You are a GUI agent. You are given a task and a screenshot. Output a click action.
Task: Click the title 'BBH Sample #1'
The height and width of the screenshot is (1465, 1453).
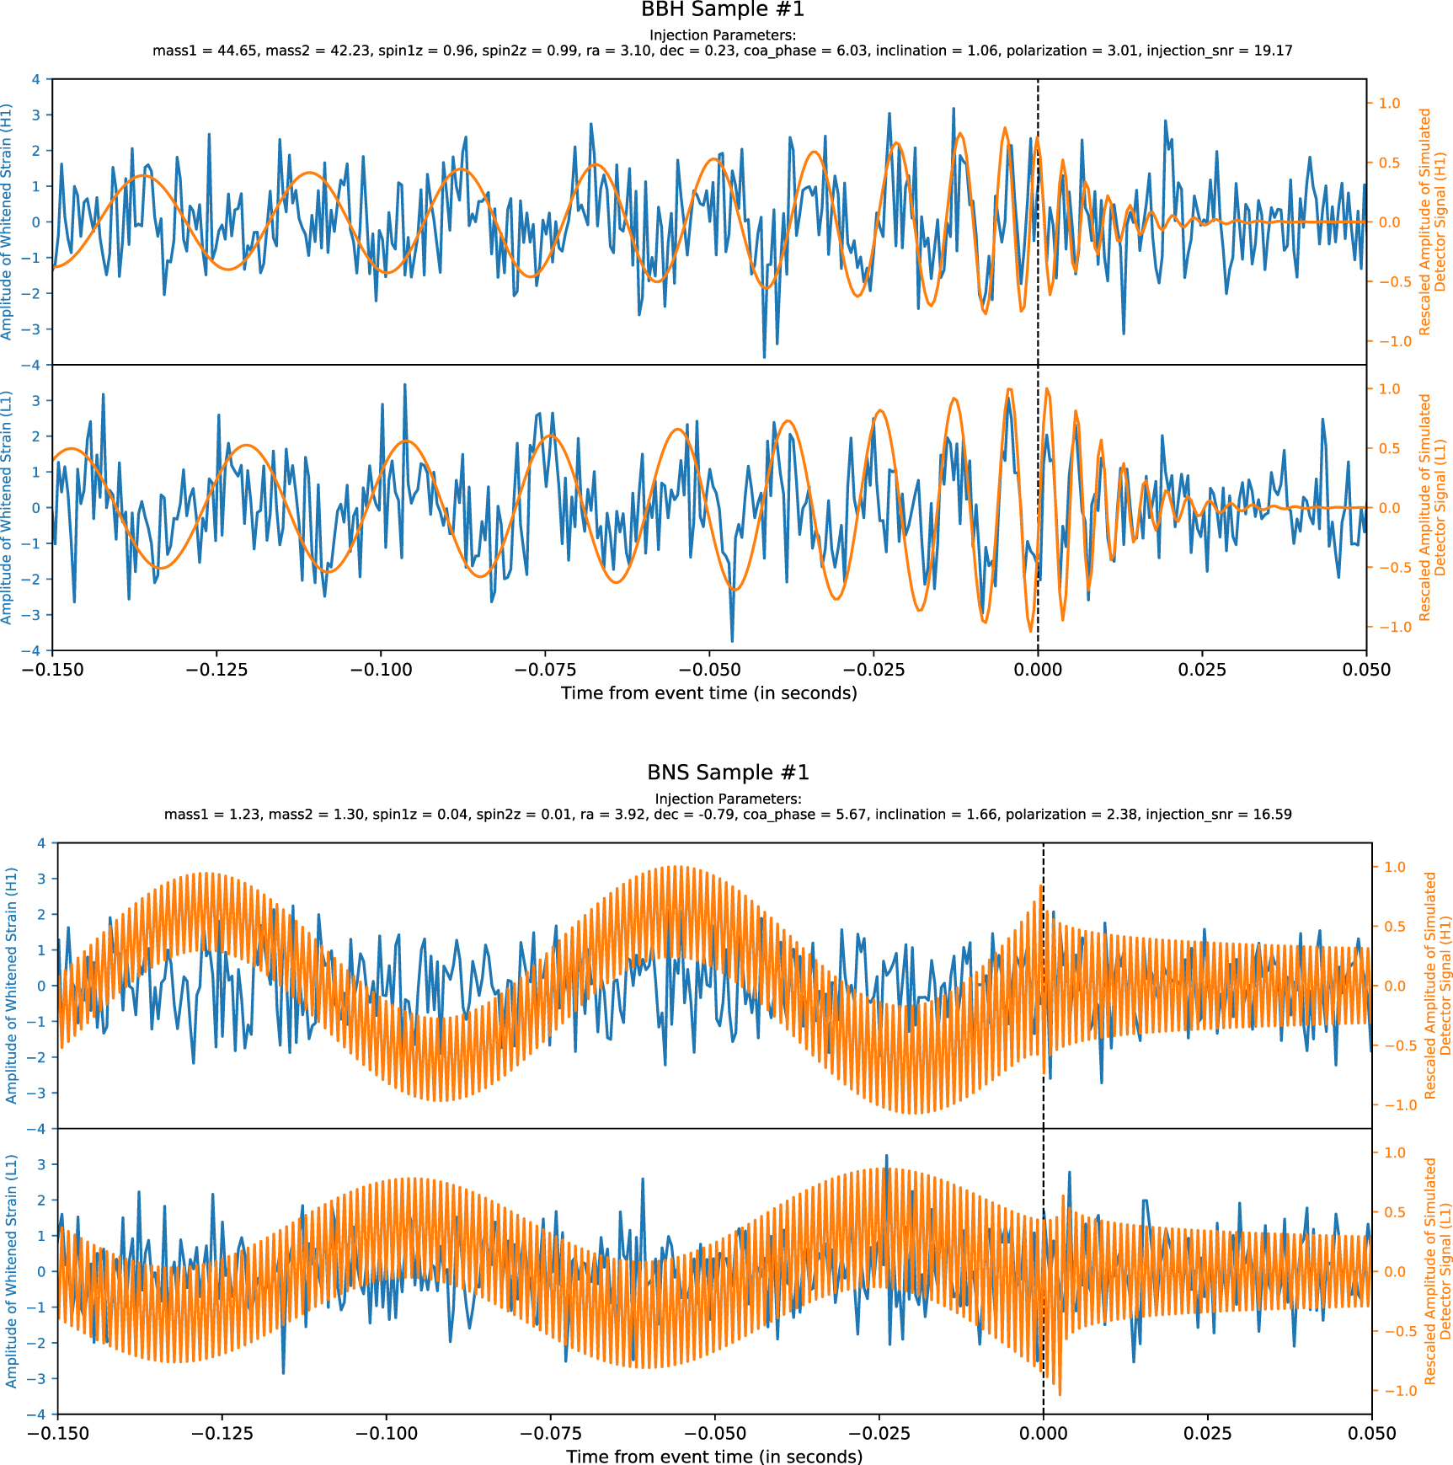coord(723,10)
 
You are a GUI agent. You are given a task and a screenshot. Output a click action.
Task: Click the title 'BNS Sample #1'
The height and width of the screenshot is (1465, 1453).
coord(728,773)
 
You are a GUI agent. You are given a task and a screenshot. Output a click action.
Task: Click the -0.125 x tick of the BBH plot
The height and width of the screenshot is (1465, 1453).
coord(216,670)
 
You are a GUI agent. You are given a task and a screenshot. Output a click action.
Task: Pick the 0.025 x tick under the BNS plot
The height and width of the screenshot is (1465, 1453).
coord(1207,1433)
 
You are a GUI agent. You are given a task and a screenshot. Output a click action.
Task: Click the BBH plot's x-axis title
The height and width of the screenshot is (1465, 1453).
coord(708,693)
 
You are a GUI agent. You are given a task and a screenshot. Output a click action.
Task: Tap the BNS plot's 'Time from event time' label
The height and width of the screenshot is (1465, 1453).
coord(714,1457)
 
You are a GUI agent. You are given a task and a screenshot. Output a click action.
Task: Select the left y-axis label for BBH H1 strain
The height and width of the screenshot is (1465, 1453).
coord(8,222)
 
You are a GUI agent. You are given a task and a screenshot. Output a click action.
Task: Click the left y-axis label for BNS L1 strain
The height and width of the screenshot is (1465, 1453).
coord(12,1270)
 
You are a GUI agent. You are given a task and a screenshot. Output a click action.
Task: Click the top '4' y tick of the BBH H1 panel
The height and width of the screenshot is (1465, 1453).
coord(35,79)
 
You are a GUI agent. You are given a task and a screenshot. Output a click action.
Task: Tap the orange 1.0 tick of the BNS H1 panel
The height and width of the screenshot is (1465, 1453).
coord(1395,867)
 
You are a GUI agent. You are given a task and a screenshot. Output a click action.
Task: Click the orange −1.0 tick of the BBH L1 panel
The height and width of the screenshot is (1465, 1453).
coord(1389,627)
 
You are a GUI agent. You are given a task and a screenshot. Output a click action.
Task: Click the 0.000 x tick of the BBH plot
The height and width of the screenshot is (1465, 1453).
coord(1038,670)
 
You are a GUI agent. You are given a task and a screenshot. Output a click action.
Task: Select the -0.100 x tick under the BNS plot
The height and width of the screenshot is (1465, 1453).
coord(386,1433)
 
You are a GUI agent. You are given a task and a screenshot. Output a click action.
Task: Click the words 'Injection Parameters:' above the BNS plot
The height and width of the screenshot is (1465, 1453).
coord(728,799)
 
